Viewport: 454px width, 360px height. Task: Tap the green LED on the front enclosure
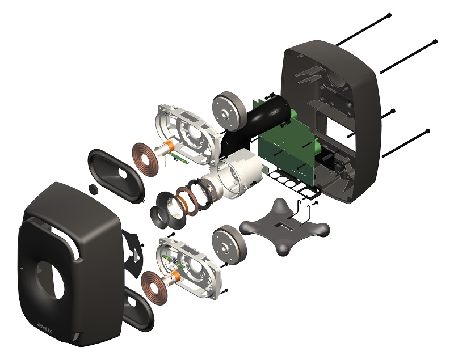tap(22, 268)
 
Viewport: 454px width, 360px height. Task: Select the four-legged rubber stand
tap(285, 227)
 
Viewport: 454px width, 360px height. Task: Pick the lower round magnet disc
tap(229, 245)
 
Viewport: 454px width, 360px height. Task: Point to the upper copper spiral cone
tap(145, 159)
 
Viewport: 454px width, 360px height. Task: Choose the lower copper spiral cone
tap(153, 289)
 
